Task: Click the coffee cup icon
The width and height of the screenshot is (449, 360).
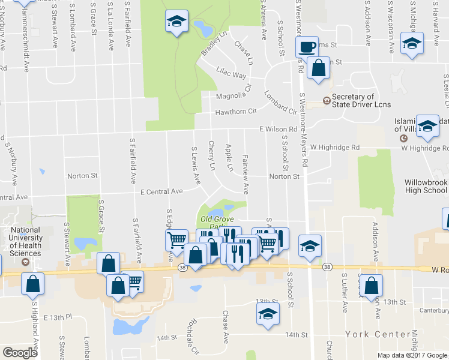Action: click(x=308, y=47)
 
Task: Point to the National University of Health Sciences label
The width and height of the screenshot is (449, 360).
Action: click(x=25, y=241)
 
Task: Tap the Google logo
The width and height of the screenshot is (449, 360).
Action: click(x=20, y=353)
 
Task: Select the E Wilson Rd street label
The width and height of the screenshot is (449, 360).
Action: click(x=279, y=129)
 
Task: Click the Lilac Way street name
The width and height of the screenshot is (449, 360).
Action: click(x=231, y=74)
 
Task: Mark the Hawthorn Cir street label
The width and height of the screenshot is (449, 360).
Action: click(x=236, y=111)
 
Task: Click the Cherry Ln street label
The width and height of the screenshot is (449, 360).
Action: click(x=211, y=155)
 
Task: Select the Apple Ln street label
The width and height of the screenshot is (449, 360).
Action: click(x=229, y=157)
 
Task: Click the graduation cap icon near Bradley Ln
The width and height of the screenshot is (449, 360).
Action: click(x=176, y=23)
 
